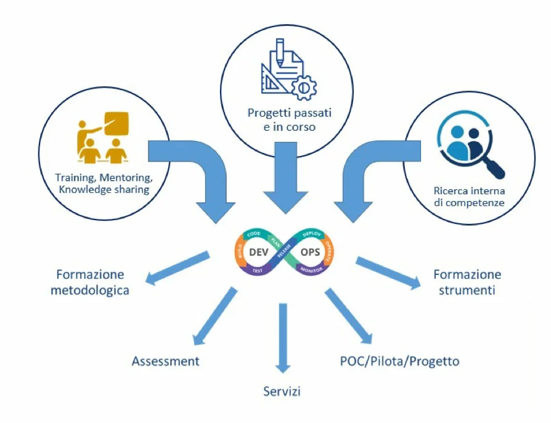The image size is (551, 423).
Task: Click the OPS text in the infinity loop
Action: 309,252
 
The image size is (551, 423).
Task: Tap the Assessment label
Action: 165,361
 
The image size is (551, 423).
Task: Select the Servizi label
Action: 282,392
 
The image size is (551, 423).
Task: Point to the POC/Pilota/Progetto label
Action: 399,361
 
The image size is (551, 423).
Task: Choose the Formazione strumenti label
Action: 467,282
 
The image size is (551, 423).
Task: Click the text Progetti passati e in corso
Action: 282,120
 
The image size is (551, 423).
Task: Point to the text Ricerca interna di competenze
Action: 468,196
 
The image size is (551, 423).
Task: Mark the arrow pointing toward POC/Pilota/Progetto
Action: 348,316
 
